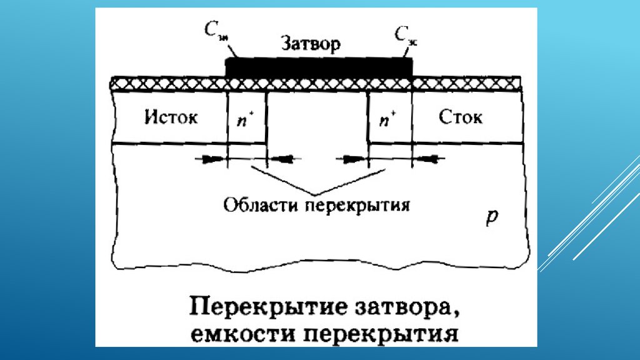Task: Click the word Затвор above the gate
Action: pyautogui.click(x=311, y=44)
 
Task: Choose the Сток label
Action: pyautogui.click(x=460, y=117)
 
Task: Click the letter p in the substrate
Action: pyautogui.click(x=492, y=216)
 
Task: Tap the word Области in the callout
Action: pyautogui.click(x=259, y=204)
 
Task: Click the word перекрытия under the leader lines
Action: pyautogui.click(x=356, y=205)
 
